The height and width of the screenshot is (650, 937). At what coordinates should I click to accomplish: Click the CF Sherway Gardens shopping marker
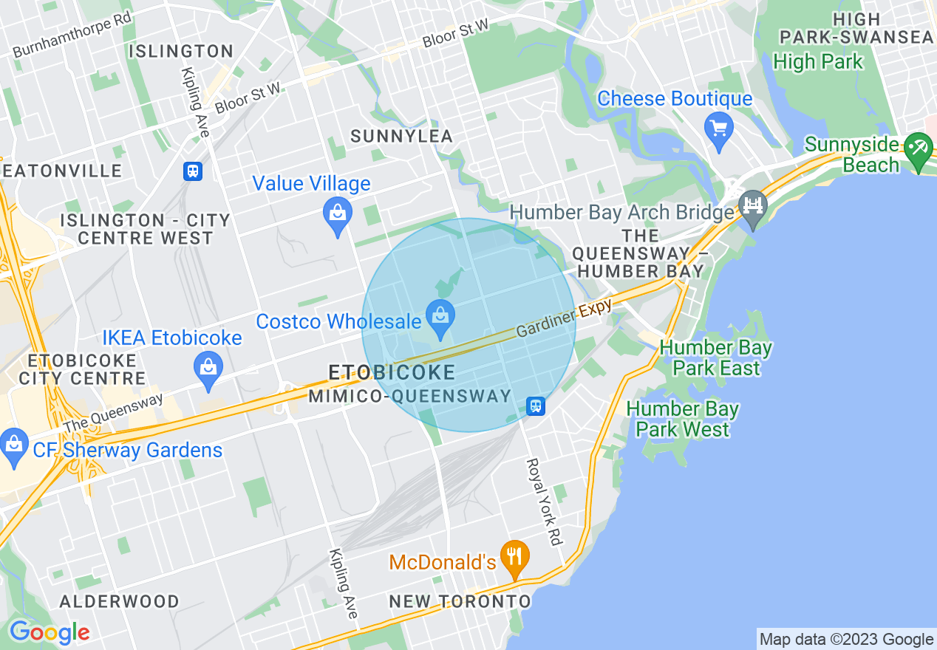coord(13,446)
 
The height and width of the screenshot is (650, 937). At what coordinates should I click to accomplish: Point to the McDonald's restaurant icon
coord(514,557)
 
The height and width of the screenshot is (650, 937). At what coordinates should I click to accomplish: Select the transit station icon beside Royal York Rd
coord(536,406)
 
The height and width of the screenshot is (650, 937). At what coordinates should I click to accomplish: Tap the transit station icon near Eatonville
coord(193,171)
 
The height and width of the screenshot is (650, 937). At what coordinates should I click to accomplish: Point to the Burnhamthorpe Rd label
coord(72,38)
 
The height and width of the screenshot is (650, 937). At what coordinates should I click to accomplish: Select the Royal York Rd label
coord(543,502)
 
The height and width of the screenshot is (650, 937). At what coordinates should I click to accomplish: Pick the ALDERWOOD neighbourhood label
coord(119,601)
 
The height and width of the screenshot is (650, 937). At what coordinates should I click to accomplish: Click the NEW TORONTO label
coord(460,601)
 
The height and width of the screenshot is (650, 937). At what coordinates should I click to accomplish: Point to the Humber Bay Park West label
coord(682,419)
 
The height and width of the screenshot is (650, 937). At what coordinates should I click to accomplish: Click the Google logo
coord(49,632)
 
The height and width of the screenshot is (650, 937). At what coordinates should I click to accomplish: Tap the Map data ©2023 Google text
coord(846,639)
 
